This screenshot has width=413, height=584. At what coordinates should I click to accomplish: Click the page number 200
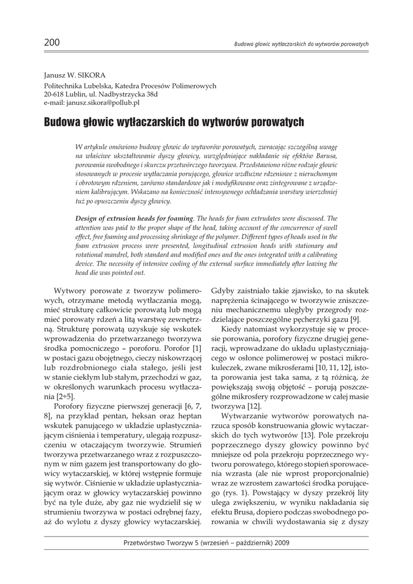coord(51,43)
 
